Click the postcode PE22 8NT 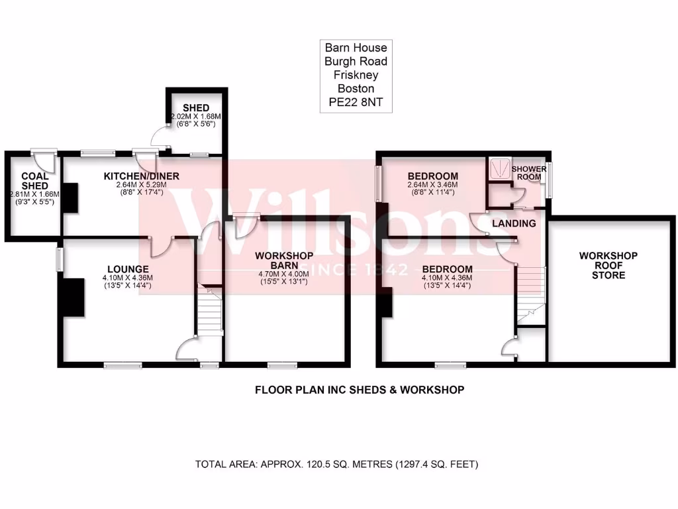click(x=356, y=103)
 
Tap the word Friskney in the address click(x=356, y=75)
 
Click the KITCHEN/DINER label click(x=141, y=176)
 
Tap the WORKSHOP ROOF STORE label click(x=608, y=265)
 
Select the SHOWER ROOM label click(x=528, y=173)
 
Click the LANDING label click(x=514, y=224)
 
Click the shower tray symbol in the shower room click(x=498, y=168)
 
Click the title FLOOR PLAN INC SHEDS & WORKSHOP click(x=360, y=390)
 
